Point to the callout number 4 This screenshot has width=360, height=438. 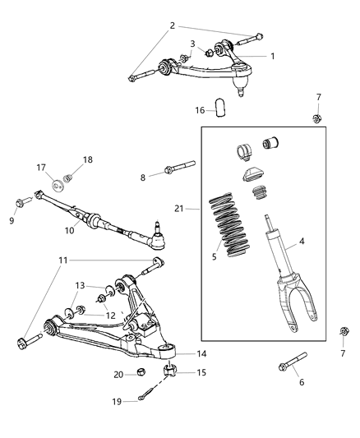pyautogui.click(x=301, y=242)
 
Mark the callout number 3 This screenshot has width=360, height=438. pyautogui.click(x=192, y=44)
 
